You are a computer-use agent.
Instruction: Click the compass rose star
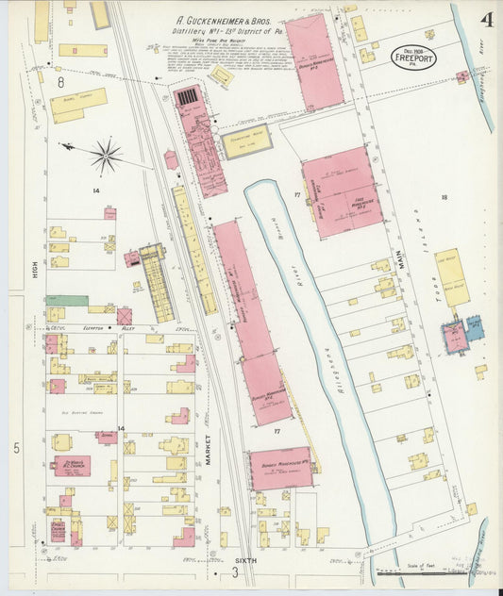point(106,155)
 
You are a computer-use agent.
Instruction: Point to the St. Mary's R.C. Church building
point(72,465)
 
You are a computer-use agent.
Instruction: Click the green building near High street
point(66,301)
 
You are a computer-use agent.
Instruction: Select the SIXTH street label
point(244,561)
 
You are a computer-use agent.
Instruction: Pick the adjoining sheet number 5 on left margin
point(16,448)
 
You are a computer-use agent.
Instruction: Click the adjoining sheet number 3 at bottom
point(234,571)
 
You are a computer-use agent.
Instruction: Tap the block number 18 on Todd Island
point(443,197)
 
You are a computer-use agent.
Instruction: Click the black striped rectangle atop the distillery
point(189,96)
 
